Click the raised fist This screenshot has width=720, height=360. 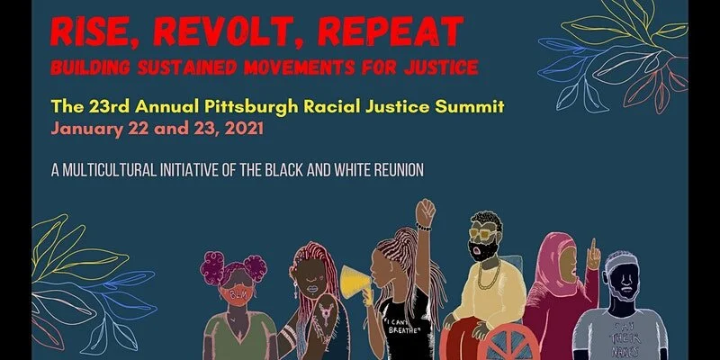click(x=425, y=213)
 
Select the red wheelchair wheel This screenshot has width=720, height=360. click(x=490, y=342)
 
